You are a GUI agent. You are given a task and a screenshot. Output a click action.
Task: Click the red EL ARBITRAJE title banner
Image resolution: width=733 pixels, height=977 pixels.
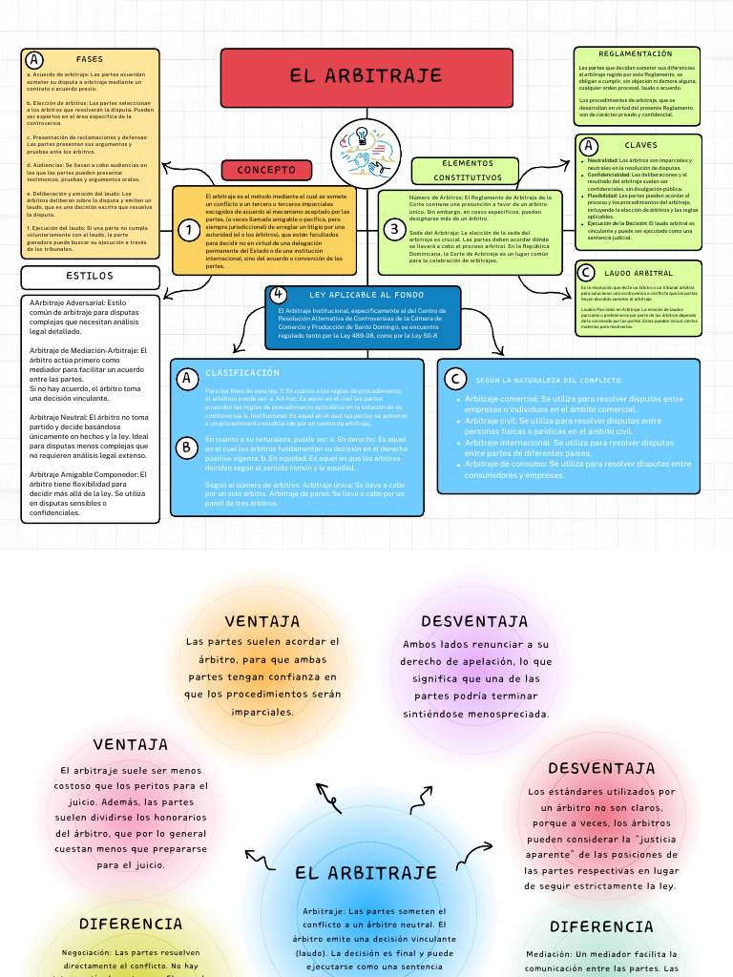point(366,76)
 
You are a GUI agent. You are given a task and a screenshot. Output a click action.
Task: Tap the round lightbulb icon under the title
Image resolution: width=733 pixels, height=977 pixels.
point(366,148)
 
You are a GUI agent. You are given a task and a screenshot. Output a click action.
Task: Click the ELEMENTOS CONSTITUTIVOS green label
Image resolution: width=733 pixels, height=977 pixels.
point(468,170)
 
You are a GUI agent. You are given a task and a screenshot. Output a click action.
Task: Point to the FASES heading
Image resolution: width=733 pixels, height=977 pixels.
point(90,59)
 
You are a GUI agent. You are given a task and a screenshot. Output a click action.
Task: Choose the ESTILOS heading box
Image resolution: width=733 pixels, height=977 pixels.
point(90,277)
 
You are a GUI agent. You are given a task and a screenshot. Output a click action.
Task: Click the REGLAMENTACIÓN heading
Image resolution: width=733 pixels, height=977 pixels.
point(636,54)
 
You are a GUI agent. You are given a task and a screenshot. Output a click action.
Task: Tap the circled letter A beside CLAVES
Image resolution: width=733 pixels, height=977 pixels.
point(589,146)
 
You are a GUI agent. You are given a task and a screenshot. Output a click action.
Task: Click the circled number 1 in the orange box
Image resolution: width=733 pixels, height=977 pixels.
point(189,229)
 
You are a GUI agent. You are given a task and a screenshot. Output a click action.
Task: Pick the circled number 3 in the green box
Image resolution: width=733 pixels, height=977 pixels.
point(393,229)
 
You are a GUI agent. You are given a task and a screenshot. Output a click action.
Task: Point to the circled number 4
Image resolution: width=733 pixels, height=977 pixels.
point(278,294)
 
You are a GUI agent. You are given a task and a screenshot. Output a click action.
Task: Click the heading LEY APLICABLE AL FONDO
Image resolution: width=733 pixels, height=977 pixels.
point(366,296)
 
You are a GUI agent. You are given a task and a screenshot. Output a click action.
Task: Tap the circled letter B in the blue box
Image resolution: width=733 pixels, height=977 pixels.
point(187,446)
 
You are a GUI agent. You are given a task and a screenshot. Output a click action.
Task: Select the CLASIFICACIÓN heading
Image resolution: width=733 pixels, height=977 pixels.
point(242,373)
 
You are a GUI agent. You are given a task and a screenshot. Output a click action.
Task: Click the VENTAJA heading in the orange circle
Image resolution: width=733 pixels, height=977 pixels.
point(262,622)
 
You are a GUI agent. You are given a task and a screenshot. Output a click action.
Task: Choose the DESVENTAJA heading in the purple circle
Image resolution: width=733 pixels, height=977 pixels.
point(474,622)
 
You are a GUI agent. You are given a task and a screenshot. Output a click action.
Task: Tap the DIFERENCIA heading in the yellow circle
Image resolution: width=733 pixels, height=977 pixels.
point(131,924)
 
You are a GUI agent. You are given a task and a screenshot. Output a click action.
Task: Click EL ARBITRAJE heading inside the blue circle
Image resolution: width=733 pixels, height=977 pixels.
point(366,872)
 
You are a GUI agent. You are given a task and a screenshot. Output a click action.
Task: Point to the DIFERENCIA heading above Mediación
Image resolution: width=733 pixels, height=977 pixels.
point(601,926)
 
